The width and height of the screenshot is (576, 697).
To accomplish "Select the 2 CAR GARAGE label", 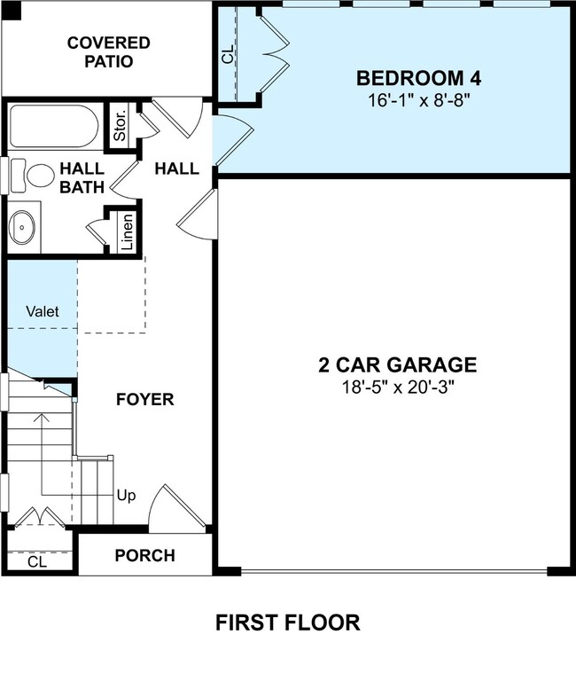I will click(x=397, y=364).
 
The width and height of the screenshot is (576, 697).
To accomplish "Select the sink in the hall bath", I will click(x=24, y=226).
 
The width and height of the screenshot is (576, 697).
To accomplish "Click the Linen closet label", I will click(x=128, y=232).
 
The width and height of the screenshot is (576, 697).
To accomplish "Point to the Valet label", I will click(x=43, y=311).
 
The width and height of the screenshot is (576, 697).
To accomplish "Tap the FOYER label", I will click(x=144, y=400).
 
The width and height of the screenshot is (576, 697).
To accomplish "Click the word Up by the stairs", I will click(x=126, y=495).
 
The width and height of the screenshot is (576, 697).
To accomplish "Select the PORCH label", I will click(x=144, y=556).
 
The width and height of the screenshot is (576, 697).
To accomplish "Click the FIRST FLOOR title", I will click(x=288, y=623).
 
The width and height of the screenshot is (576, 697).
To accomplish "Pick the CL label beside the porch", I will click(x=36, y=561).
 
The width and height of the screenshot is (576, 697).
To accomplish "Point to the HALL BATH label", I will click(x=82, y=176).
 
